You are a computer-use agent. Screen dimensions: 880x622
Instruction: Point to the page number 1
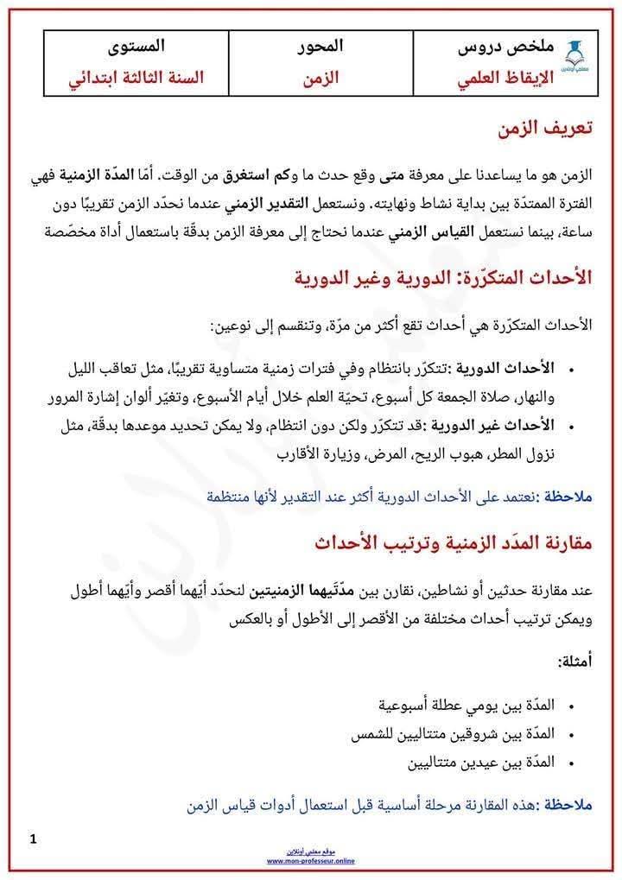(33, 839)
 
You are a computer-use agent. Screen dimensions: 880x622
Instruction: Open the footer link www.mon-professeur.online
(311, 861)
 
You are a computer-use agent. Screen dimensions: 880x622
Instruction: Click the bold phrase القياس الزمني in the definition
(397, 231)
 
